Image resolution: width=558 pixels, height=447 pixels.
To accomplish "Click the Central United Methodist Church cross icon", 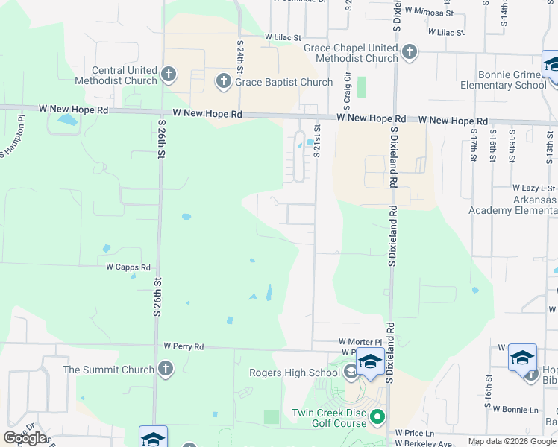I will [169, 74].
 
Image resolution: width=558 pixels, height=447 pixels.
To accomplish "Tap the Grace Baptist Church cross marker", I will [223, 82].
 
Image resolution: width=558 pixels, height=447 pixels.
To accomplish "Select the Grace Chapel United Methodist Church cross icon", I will [409, 52].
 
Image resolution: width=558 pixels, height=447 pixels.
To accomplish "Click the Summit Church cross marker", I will [166, 369].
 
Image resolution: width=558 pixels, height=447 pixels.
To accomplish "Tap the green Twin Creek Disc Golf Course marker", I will [377, 417].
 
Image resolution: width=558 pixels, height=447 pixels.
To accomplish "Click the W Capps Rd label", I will [128, 267].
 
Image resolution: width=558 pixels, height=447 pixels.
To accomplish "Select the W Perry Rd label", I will [184, 346].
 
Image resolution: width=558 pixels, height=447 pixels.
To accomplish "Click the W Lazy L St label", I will [534, 188].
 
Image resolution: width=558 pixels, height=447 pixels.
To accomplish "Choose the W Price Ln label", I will [414, 432].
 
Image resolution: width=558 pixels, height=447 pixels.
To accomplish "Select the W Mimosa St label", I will [429, 13].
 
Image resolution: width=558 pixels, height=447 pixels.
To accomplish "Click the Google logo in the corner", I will [25, 437].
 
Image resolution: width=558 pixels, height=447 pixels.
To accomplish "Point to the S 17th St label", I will [474, 148].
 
